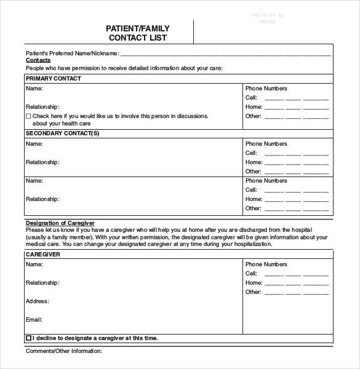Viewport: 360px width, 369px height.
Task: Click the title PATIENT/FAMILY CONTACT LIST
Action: (x=138, y=33)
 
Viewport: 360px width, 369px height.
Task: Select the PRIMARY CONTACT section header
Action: (x=53, y=79)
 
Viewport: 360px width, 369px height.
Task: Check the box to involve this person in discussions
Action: (x=28, y=116)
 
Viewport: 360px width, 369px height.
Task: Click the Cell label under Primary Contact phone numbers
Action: (x=251, y=98)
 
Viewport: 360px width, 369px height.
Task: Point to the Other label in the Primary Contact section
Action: (x=254, y=116)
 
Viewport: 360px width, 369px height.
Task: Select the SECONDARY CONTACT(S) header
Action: (x=62, y=133)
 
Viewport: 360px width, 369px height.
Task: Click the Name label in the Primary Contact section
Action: (x=34, y=89)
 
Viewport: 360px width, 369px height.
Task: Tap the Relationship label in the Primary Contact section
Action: (x=42, y=106)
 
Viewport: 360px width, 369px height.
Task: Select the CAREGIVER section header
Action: (x=43, y=254)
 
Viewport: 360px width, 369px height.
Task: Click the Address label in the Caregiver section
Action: (x=37, y=301)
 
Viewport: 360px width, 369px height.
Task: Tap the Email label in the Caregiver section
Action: (x=34, y=320)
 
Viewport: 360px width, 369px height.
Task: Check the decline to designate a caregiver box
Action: (x=28, y=338)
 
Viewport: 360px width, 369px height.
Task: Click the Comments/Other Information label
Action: (x=63, y=351)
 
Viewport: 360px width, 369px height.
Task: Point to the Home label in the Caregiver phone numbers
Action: (x=254, y=283)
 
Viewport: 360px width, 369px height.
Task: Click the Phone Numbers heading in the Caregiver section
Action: (x=266, y=264)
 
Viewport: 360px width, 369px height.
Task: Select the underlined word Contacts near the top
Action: (x=38, y=60)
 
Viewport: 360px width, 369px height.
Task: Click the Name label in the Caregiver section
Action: (x=34, y=264)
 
